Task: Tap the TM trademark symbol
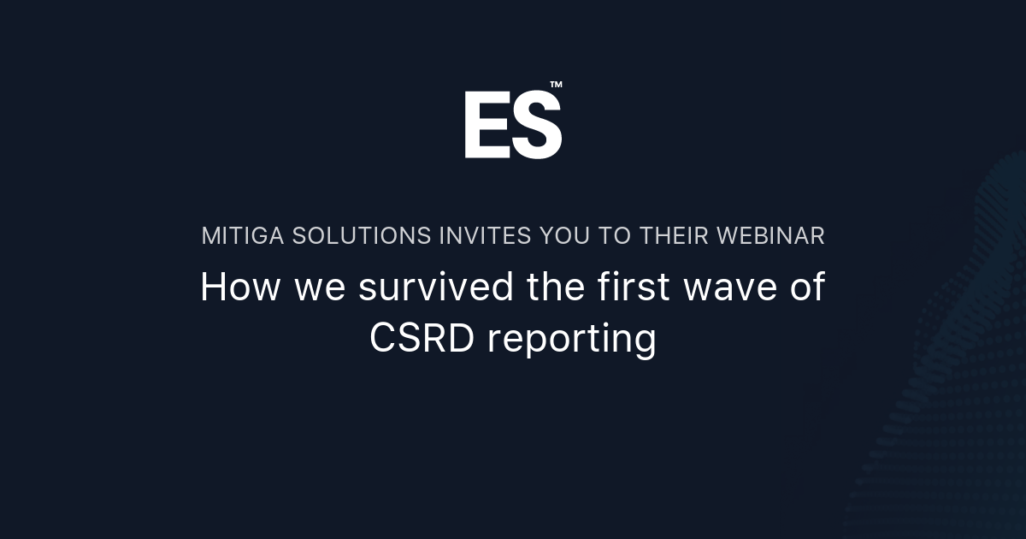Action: coord(556,85)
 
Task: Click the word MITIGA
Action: coord(243,236)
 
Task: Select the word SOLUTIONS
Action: coord(362,236)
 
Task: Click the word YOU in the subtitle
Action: coord(564,236)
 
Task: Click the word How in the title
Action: coord(240,287)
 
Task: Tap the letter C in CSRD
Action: coord(382,339)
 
